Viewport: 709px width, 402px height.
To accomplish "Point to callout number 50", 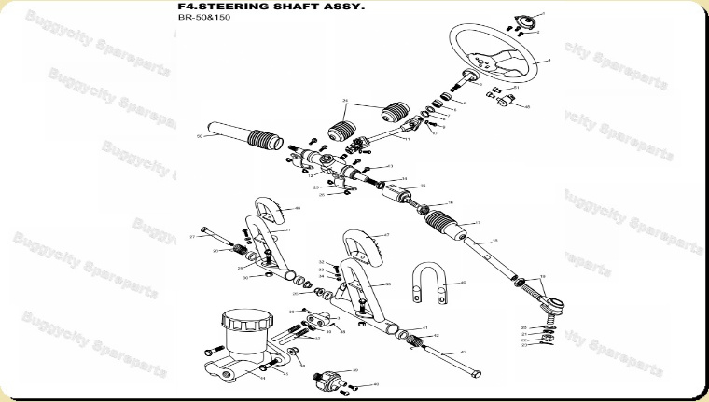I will pyautogui.click(x=200, y=137).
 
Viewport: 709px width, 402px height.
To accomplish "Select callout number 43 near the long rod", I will pyautogui.click(x=464, y=352).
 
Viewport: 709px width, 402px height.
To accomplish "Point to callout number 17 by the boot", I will pyautogui.click(x=478, y=223).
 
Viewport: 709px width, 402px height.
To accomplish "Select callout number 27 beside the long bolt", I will pyautogui.click(x=192, y=237).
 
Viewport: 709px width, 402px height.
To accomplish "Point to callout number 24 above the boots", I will pyautogui.click(x=345, y=100).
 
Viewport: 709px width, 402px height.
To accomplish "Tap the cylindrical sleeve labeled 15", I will pyautogui.click(x=402, y=196).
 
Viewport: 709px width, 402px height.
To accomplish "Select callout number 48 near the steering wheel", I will pyautogui.click(x=527, y=107).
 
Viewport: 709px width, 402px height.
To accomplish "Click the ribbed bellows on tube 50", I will pyautogui.click(x=265, y=143).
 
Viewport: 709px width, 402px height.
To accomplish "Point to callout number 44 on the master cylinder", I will pyautogui.click(x=263, y=379).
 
